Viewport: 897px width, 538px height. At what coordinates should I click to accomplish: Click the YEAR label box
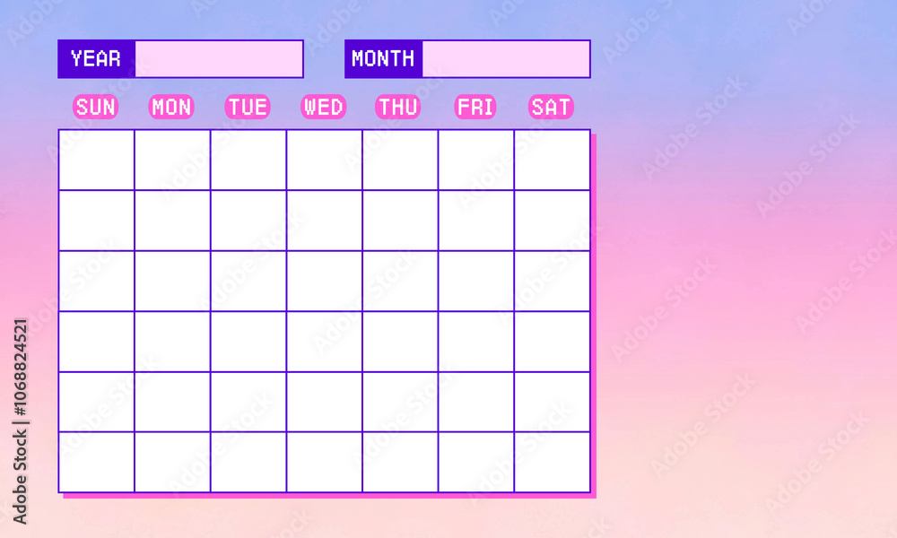tap(96, 59)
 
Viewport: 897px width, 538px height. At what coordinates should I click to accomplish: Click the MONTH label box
tap(383, 59)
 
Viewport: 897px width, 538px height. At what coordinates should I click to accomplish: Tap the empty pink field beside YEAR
tap(219, 59)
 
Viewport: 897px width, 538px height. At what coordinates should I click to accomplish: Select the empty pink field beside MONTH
tap(506, 59)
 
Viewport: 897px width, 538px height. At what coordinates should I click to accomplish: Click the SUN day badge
tap(95, 108)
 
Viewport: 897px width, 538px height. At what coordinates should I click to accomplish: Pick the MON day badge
tap(171, 108)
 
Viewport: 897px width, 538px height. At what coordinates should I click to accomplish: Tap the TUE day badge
tap(248, 108)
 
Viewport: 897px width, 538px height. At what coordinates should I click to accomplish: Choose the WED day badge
tap(323, 108)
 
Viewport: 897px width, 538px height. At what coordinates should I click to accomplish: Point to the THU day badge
tap(398, 108)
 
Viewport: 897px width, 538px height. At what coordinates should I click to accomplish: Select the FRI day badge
tap(475, 108)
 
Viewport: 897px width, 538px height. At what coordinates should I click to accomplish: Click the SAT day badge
tap(551, 108)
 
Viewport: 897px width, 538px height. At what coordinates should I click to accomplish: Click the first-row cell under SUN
tap(97, 160)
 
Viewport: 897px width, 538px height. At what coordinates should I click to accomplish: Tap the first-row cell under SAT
tap(553, 160)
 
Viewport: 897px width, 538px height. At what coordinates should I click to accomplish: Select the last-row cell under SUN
tap(97, 462)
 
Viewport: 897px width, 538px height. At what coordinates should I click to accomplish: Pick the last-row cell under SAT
tap(553, 462)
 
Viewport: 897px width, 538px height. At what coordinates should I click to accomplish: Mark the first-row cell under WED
tap(325, 160)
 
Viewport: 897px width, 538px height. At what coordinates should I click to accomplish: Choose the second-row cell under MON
tap(172, 221)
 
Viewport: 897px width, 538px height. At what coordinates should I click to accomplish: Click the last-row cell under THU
tap(400, 462)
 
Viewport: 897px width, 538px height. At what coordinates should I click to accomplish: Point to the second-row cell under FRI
tap(476, 221)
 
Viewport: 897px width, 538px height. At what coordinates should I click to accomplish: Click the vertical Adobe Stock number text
tap(21, 421)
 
